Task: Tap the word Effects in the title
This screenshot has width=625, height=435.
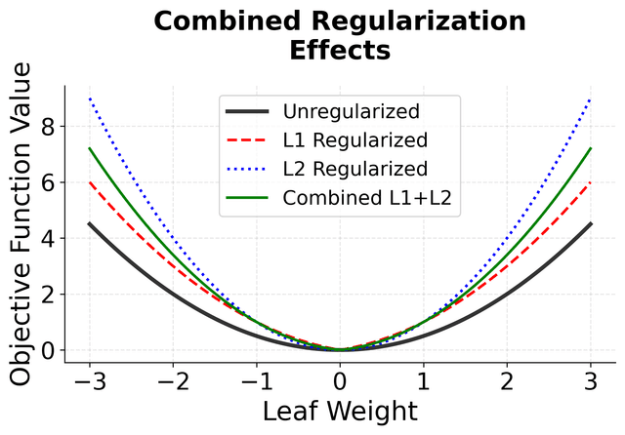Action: pos(339,51)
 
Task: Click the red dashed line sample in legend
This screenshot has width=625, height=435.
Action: pos(246,138)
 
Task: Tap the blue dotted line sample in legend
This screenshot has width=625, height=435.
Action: pos(246,168)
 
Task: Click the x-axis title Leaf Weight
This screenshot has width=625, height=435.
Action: pos(339,412)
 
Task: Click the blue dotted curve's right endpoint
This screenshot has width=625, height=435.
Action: pos(589,99)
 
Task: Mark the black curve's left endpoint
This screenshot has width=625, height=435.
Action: pos(90,223)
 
